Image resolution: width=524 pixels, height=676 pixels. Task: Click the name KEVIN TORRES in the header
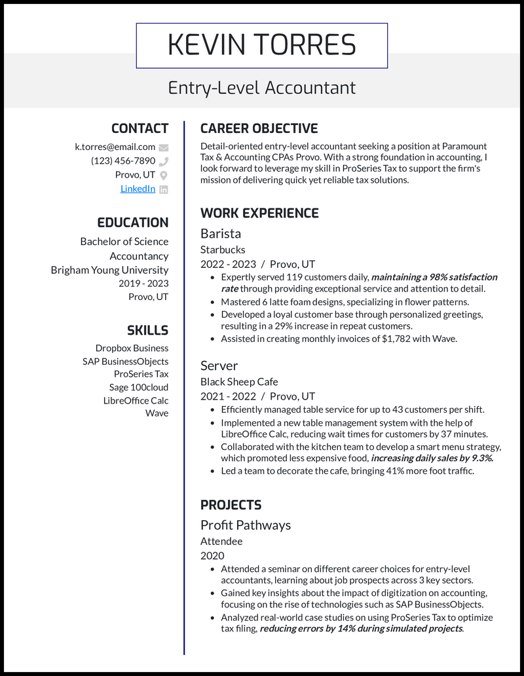pos(261,45)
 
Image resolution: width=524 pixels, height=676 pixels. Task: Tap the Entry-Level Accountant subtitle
pos(261,88)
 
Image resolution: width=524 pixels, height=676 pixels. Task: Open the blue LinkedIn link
pos(138,189)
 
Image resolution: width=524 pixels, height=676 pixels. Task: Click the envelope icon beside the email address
pos(164,147)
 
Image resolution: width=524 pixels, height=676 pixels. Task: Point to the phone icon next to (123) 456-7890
pos(164,161)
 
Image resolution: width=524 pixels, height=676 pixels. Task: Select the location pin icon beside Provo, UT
pos(164,175)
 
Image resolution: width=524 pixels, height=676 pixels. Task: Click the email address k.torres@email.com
pos(115,147)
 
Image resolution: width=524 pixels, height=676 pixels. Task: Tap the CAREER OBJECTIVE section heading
pos(259,128)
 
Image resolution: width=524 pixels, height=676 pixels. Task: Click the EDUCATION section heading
pos(132,223)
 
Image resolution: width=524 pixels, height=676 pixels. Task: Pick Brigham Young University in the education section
pos(109,270)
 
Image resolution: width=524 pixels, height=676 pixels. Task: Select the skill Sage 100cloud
pos(138,387)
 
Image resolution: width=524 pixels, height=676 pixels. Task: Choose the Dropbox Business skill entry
pos(132,348)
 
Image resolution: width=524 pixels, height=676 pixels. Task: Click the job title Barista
pos(221,234)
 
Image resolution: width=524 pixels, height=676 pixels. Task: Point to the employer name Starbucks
pos(223,250)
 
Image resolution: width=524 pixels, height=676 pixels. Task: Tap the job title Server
pos(219,366)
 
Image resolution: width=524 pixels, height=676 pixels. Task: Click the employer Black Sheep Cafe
pos(239,381)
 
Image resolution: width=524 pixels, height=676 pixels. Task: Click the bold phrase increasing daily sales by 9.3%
pos(432,458)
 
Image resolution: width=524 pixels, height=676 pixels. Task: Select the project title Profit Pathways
pos(246,525)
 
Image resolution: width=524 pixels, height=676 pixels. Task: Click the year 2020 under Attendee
pos(212,555)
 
